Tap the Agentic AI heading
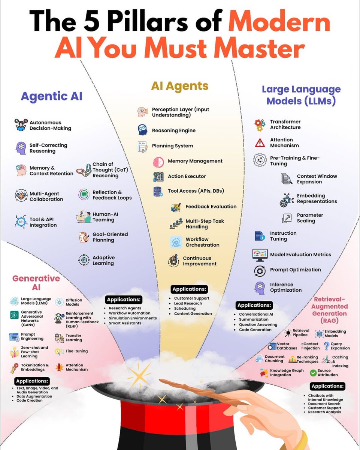click(x=51, y=96)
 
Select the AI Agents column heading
click(x=180, y=86)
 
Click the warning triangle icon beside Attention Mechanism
click(x=260, y=142)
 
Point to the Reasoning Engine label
click(x=173, y=130)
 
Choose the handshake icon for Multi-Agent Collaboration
click(x=20, y=196)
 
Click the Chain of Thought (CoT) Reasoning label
click(x=110, y=170)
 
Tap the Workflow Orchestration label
click(x=202, y=242)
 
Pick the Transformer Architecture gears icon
click(x=260, y=124)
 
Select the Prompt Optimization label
click(x=295, y=270)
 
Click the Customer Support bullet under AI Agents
click(x=191, y=298)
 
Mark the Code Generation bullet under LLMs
click(x=255, y=330)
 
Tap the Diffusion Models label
click(x=74, y=302)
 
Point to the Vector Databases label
click(x=287, y=346)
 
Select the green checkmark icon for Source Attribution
click(x=313, y=372)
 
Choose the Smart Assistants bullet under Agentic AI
click(x=125, y=323)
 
